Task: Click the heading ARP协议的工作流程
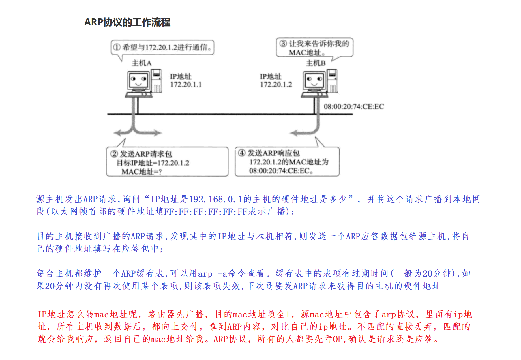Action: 127,22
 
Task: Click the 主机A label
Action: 141,63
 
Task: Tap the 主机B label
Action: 316,63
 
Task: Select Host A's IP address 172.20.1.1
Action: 186,85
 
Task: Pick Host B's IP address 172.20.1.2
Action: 276,85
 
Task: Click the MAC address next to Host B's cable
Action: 354,107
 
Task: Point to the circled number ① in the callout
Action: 117,47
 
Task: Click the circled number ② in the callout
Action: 114,154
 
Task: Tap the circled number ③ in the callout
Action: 283,44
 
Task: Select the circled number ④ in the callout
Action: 242,153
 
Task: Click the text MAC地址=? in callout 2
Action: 141,172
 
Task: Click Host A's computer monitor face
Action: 138,80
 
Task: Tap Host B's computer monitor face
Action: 314,80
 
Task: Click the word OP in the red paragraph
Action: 338,339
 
